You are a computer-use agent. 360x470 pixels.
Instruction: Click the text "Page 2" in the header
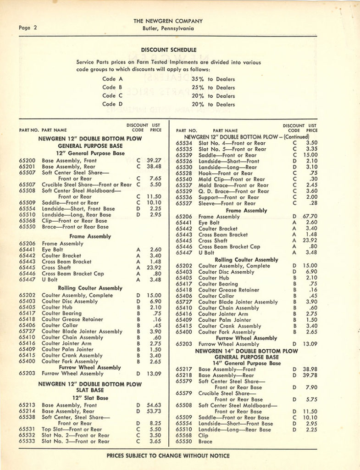click(x=28, y=28)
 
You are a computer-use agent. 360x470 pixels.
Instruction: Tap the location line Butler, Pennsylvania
click(x=168, y=28)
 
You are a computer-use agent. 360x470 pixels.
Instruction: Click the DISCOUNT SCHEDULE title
click(x=168, y=50)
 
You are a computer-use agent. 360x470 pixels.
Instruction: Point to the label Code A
click(x=112, y=79)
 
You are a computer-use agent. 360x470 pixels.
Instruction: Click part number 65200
click(x=28, y=161)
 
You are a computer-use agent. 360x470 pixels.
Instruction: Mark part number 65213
click(x=28, y=406)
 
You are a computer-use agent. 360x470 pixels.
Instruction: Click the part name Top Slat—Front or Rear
click(x=72, y=430)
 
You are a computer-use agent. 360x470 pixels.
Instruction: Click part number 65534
click(x=185, y=143)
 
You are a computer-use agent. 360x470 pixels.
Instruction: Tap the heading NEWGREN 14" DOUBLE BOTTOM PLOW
click(x=246, y=351)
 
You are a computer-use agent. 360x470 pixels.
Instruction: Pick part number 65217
click(x=185, y=369)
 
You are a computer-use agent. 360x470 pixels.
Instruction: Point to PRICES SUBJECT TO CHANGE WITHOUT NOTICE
click(x=168, y=456)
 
